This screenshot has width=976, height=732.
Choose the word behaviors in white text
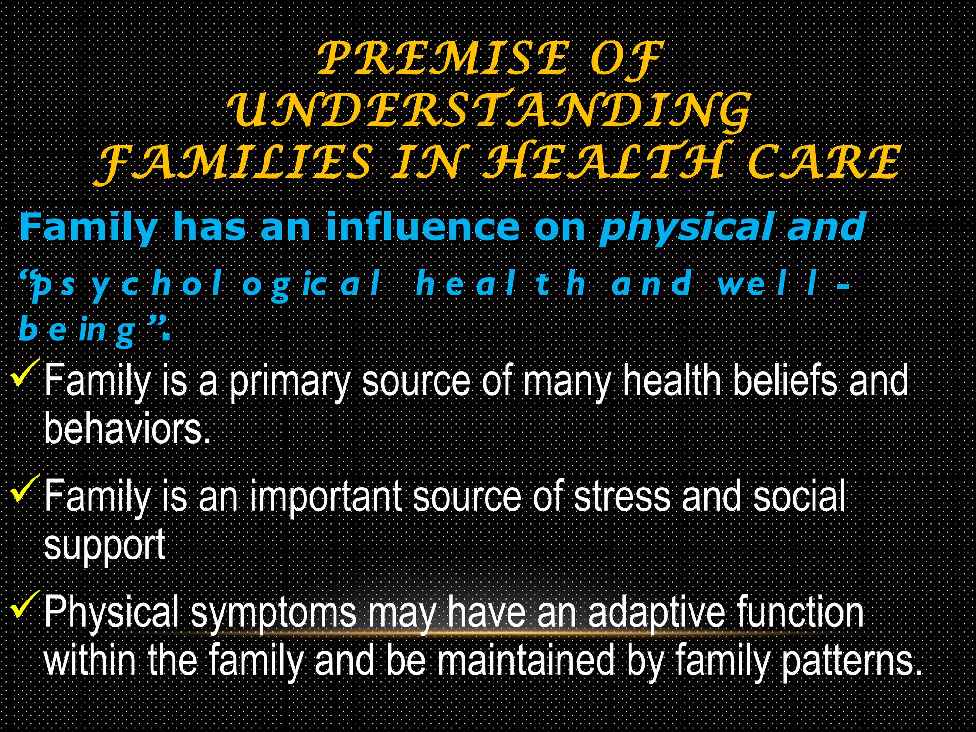127,429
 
